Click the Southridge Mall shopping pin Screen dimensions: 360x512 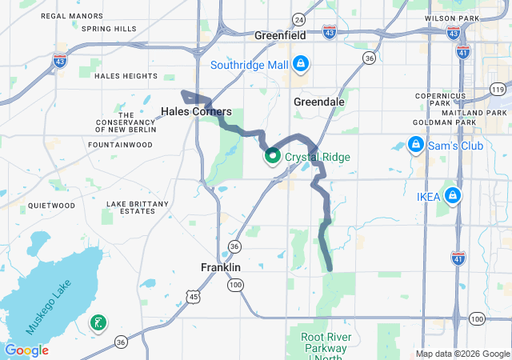point(300,63)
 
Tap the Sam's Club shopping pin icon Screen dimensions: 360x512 point(415,145)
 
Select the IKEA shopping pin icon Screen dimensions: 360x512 point(453,195)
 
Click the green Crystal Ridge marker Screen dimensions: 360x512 point(272,157)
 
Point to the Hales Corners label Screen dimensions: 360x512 point(196,111)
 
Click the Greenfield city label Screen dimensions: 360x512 point(281,36)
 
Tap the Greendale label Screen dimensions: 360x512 point(318,102)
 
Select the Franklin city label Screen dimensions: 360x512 point(220,267)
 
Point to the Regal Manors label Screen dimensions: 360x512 point(71,16)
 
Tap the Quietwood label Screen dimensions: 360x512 point(51,206)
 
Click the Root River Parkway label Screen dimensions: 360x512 point(325,343)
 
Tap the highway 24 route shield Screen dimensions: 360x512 point(298,18)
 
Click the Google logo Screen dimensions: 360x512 point(26,350)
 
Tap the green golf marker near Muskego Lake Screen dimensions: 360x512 point(98,323)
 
